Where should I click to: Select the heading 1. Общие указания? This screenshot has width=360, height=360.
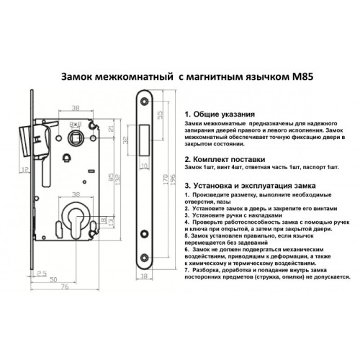(x=219, y=114)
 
